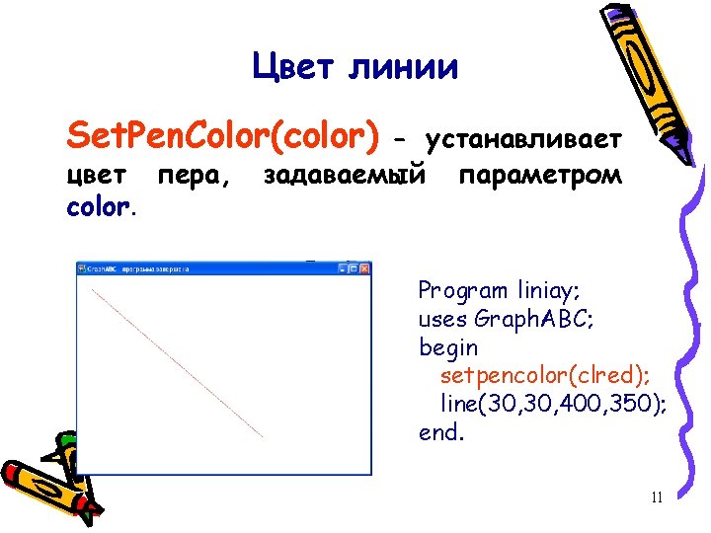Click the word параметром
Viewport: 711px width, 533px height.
[540, 177]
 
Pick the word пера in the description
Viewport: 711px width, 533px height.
[193, 177]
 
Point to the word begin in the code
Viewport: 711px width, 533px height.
[448, 347]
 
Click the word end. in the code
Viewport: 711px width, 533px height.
[441, 432]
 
